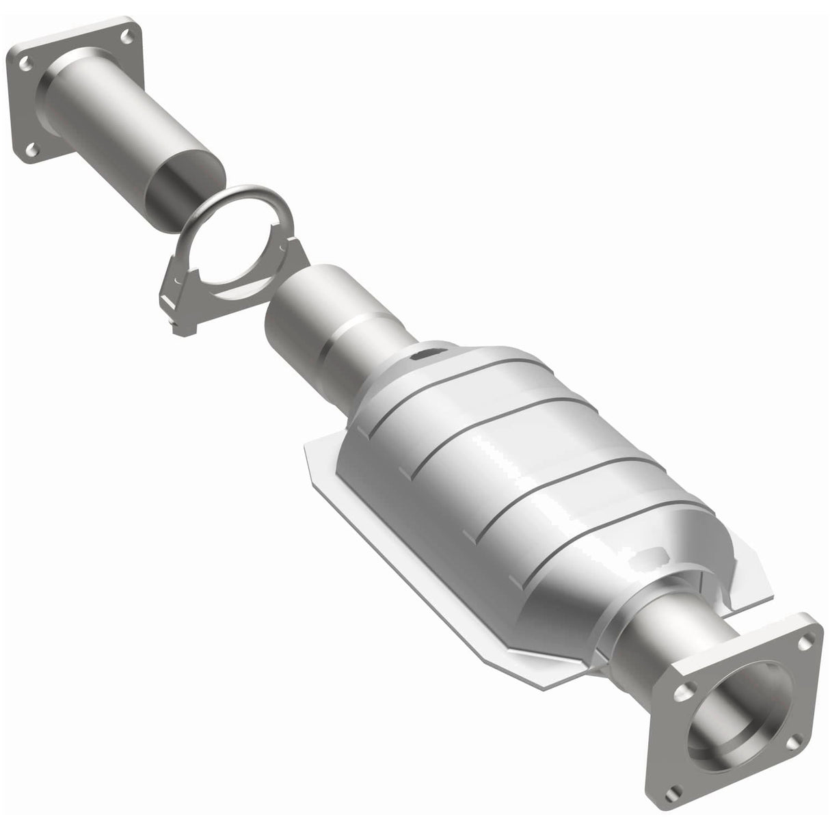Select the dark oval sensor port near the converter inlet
(425, 354)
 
